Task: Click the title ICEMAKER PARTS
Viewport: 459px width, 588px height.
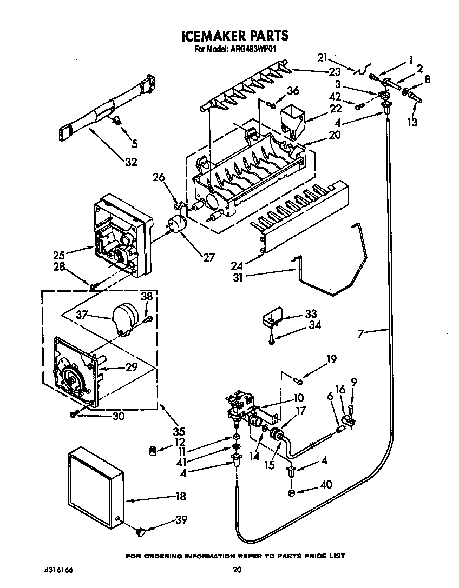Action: point(234,36)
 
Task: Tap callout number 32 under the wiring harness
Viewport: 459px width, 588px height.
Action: point(130,162)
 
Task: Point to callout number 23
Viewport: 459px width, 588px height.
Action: point(335,72)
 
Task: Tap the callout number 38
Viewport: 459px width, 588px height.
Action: point(147,296)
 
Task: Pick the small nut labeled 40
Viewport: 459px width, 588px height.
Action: point(291,492)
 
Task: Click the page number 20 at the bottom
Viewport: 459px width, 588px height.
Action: point(237,569)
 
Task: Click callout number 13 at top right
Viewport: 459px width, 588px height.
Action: point(412,123)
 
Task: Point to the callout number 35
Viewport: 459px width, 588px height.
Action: point(178,431)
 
